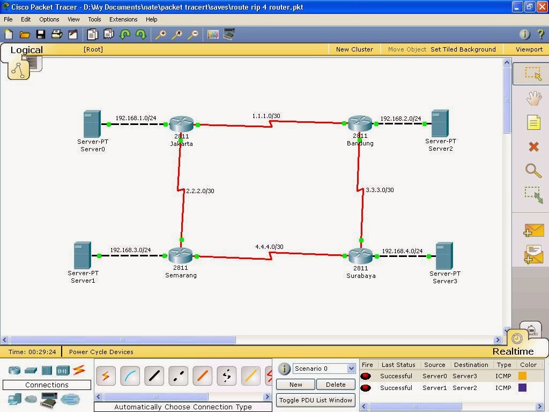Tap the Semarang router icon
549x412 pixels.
pos(180,256)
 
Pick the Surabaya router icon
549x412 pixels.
pos(360,256)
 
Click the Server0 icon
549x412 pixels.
pos(92,124)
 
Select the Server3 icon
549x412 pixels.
pos(444,256)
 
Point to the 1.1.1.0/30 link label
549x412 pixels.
pos(266,116)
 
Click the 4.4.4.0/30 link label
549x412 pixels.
pos(269,247)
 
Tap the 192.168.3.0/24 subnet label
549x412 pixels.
pos(130,250)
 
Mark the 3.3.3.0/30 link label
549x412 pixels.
pos(380,190)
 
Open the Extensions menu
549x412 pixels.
pos(123,19)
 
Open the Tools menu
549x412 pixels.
pos(94,19)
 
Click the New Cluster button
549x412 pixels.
pos(354,49)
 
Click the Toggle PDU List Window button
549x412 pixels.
pos(316,400)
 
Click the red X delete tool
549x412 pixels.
pos(533,146)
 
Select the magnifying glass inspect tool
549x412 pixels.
pos(533,171)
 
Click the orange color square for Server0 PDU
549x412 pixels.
pos(522,376)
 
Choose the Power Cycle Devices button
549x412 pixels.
pos(101,352)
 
